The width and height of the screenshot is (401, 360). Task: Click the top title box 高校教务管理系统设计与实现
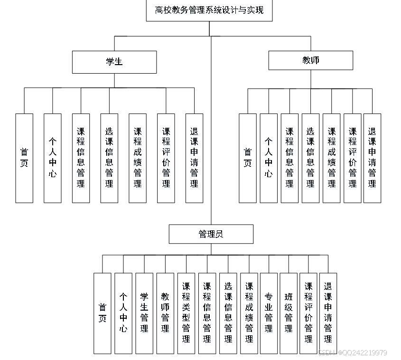pos(209,10)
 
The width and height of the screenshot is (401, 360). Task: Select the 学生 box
pos(114,62)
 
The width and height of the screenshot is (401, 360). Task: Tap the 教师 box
pos(310,60)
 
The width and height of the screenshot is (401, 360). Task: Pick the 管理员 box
pos(211,234)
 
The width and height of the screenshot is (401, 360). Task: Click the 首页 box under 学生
pos(24,158)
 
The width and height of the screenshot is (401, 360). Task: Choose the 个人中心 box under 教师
pos(269,158)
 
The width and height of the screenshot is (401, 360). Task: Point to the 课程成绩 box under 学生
pos(138,158)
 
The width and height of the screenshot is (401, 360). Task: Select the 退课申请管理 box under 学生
pos(194,158)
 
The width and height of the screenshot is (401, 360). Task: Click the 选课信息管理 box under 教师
pos(310,158)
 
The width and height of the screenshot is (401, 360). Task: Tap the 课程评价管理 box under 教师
pos(353,158)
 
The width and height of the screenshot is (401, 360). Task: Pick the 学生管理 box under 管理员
pos(144,313)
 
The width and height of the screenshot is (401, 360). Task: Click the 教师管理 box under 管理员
pos(165,313)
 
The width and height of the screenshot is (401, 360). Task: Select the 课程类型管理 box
pos(186,313)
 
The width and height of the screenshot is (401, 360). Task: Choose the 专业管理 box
pos(269,313)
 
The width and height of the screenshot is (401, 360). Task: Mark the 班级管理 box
pos(289,313)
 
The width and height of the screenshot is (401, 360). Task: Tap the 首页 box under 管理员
pos(103,313)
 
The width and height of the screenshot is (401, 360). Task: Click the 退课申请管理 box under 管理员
pos(328,313)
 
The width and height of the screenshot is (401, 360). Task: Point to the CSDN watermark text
pos(352,353)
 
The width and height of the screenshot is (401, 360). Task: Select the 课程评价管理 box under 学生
pos(166,158)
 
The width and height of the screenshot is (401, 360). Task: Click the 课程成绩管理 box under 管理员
pos(249,313)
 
